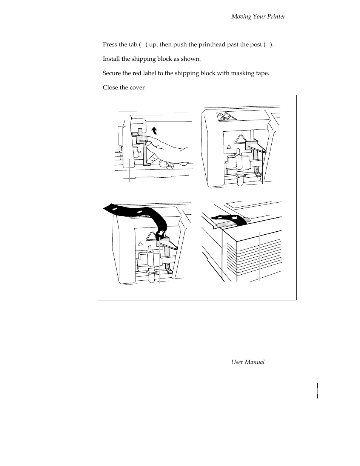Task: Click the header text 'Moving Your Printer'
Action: click(258, 17)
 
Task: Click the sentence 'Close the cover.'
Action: click(124, 88)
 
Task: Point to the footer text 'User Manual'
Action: click(248, 362)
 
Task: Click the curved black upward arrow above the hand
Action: click(154, 131)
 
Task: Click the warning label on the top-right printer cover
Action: click(226, 117)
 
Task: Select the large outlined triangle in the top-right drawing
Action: click(240, 140)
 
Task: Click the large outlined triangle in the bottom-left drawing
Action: click(152, 236)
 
